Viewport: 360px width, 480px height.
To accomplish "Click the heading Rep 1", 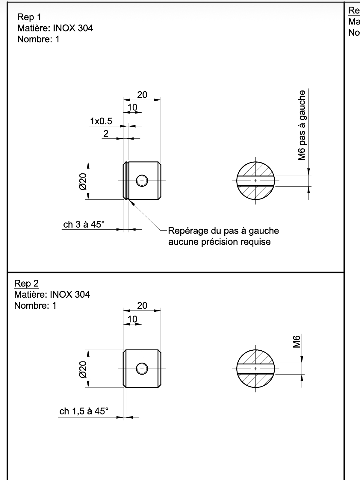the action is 29,17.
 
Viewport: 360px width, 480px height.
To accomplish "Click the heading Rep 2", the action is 26,283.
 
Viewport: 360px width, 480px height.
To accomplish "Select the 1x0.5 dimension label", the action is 101,121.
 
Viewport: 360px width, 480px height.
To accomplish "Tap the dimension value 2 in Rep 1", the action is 106,134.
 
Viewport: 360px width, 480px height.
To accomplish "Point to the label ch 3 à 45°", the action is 84,224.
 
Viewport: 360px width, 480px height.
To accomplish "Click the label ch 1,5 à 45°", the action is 84,411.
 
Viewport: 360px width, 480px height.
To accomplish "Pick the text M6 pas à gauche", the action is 302,125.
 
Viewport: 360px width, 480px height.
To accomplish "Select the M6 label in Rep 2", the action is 297,342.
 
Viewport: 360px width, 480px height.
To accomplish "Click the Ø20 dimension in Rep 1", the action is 83,181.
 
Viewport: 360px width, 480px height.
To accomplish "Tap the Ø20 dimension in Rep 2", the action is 83,369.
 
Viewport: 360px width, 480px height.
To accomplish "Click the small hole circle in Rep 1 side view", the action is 142,181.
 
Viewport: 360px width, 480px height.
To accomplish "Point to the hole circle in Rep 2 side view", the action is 142,369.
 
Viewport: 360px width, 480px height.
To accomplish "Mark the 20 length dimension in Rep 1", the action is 142,95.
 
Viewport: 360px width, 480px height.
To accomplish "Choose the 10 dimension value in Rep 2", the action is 132,319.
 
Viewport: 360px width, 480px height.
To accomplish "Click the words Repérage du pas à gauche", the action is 223,231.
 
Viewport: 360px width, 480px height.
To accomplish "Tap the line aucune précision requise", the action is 219,242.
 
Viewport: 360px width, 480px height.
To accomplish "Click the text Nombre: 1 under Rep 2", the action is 35,305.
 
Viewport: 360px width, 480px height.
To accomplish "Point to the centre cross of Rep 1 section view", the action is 255,181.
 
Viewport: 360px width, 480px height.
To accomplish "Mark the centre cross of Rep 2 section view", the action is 255,369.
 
